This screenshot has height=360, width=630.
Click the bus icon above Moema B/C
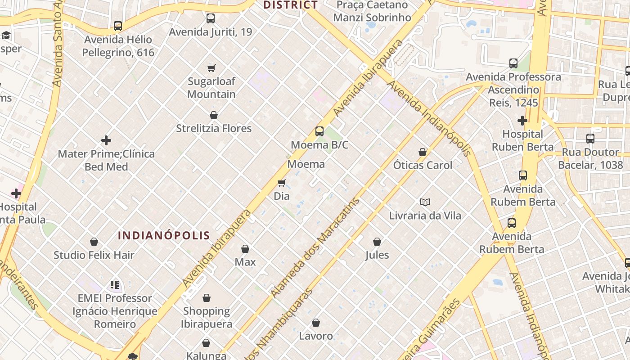[x=319, y=131]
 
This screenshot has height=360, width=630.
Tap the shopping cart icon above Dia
[x=282, y=183]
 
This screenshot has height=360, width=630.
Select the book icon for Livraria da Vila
[x=425, y=202]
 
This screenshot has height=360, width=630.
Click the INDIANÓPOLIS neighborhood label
[x=164, y=235]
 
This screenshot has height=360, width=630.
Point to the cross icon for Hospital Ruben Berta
[x=522, y=121]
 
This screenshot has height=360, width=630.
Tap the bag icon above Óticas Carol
[x=423, y=152]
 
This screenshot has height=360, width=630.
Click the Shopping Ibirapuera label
[x=207, y=317]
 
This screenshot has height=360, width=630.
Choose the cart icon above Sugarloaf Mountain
[x=211, y=68]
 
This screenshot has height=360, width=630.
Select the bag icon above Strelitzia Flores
[x=214, y=115]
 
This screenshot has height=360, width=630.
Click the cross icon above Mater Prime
[x=106, y=140]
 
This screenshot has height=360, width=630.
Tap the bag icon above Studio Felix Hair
[x=94, y=242]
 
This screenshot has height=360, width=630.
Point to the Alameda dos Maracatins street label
[x=315, y=247]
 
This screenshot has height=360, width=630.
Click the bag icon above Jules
[x=377, y=242]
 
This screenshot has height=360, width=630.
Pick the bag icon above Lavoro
[x=316, y=323]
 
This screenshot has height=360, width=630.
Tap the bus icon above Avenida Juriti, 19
[x=211, y=18]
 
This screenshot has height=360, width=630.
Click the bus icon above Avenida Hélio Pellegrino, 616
[x=118, y=26]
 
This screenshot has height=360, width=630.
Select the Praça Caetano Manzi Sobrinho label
[x=372, y=11]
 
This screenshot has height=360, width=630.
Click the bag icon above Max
[x=245, y=249]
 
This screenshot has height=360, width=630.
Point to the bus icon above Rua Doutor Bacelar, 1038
[x=590, y=139]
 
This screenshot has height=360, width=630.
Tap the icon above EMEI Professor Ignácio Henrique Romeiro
[x=115, y=285]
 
